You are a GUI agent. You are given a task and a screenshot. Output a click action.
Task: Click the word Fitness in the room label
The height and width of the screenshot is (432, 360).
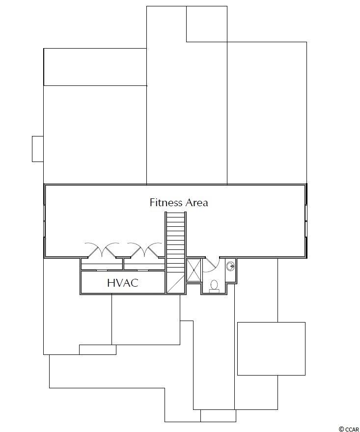[166, 202]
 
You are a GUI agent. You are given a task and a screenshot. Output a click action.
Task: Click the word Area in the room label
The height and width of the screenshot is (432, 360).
[196, 202]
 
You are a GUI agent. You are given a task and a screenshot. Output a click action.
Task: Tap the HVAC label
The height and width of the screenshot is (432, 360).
[123, 283]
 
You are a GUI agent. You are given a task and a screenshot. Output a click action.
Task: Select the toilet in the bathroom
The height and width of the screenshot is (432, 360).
[214, 286]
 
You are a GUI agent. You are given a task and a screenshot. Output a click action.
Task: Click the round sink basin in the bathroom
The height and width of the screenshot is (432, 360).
[230, 266]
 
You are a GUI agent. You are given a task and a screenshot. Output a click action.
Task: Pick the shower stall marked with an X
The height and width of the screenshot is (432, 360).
[194, 270]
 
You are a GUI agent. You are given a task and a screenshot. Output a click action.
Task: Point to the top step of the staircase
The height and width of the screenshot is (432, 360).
[176, 214]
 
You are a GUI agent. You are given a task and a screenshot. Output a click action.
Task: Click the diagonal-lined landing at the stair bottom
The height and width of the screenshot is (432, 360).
[176, 284]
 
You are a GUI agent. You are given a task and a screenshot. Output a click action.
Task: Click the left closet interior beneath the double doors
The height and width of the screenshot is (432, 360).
[102, 264]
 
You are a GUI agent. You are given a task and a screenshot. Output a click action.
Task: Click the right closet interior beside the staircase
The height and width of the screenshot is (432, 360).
[144, 264]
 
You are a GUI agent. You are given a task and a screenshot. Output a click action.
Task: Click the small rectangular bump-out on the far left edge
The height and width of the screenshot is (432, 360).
[38, 149]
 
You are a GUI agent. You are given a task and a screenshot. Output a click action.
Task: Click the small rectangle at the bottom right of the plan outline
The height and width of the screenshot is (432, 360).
[218, 416]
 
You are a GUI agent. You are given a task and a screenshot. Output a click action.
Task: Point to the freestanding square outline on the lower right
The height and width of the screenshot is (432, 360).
[271, 349]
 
